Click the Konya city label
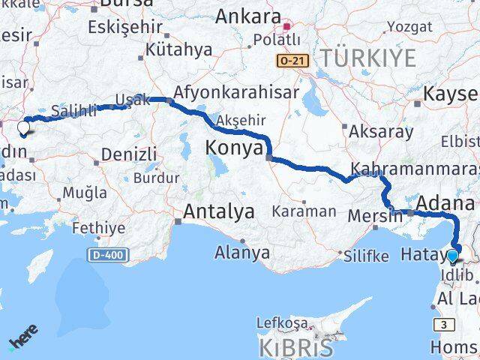[x=234, y=149]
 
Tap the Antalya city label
[x=218, y=211]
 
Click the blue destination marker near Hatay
[x=452, y=256]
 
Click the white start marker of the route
[x=23, y=127]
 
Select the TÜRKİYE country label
[x=367, y=56]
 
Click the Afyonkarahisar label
[x=236, y=92]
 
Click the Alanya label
[x=242, y=252]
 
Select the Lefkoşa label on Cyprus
[x=282, y=323]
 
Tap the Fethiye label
[x=100, y=227]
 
